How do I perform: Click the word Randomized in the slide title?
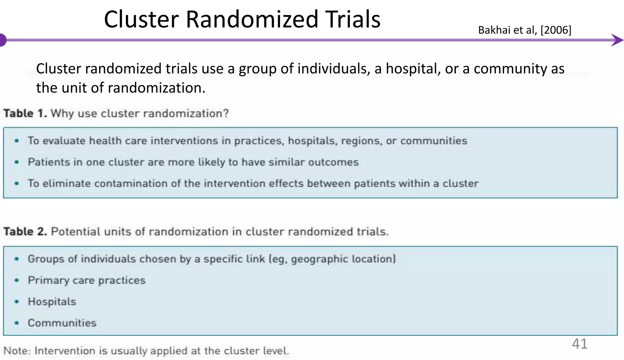(x=252, y=19)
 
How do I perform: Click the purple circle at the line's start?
(x=3, y=40)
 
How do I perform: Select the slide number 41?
(x=580, y=344)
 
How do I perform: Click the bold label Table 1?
(x=25, y=114)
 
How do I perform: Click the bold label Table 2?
(x=25, y=232)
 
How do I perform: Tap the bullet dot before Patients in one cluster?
(x=17, y=162)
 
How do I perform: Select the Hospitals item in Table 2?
(x=52, y=302)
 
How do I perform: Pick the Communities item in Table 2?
(x=62, y=323)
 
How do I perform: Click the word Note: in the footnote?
(x=17, y=351)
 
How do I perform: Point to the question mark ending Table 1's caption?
(x=225, y=114)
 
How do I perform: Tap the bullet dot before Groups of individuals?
(x=17, y=259)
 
